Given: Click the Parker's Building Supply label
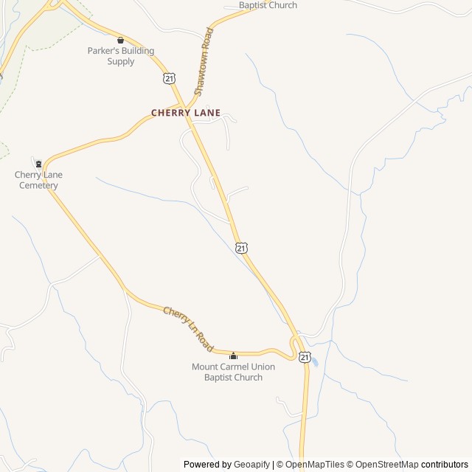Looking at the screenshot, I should pyautogui.click(x=121, y=56).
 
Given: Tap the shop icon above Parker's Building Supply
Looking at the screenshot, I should pyautogui.click(x=120, y=40).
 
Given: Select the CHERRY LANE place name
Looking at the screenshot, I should pyautogui.click(x=186, y=113).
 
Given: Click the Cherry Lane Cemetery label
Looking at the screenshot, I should pyautogui.click(x=38, y=180).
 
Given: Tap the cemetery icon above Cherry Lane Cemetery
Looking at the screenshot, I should pyautogui.click(x=38, y=163).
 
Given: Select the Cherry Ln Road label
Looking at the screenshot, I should pyautogui.click(x=188, y=329).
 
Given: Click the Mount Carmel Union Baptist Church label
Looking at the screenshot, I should pyautogui.click(x=233, y=372).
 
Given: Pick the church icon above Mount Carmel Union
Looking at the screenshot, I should pyautogui.click(x=233, y=356).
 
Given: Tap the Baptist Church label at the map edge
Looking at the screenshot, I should pyautogui.click(x=268, y=5).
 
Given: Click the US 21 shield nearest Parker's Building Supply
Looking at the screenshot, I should pyautogui.click(x=170, y=77).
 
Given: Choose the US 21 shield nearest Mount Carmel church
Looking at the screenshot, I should pyautogui.click(x=305, y=356).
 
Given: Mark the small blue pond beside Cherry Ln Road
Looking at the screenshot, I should pyautogui.click(x=314, y=361).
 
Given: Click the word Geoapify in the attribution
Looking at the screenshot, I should pyautogui.click(x=251, y=465).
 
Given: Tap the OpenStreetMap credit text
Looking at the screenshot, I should pyautogui.click(x=387, y=465).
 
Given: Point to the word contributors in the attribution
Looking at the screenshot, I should pyautogui.click(x=445, y=465).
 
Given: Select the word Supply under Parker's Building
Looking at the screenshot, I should pyautogui.click(x=121, y=62).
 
